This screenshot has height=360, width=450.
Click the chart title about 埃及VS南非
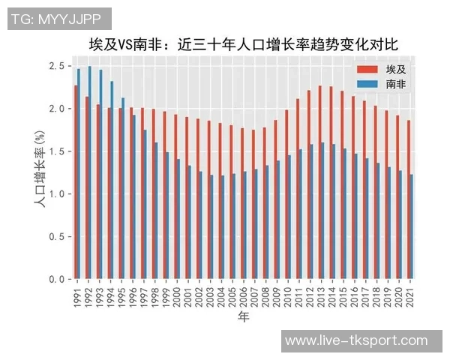(x=241, y=44)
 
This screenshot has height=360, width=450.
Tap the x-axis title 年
(x=244, y=317)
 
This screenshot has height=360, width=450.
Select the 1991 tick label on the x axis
(x=76, y=294)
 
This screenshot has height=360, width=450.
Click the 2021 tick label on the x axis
(x=410, y=294)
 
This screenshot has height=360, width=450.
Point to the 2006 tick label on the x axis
(x=244, y=294)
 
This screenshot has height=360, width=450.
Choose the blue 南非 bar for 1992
(x=90, y=172)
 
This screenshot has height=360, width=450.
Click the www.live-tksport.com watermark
(x=357, y=340)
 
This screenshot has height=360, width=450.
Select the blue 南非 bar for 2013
(x=323, y=211)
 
